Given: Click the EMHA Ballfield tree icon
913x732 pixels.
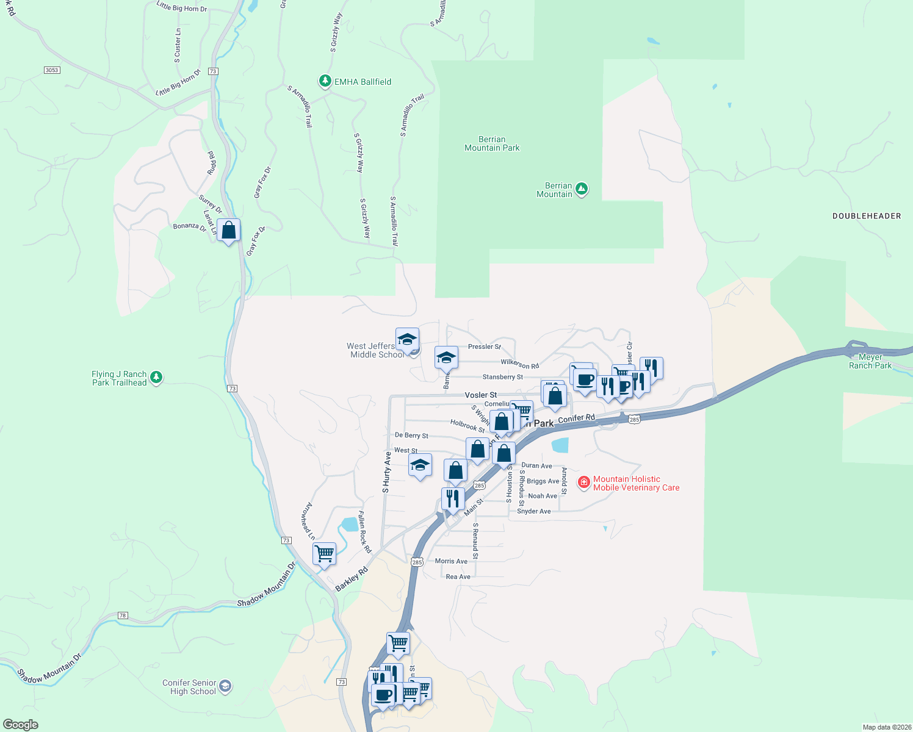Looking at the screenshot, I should (x=325, y=81).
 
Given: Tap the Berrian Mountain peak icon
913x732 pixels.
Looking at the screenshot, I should (x=582, y=189).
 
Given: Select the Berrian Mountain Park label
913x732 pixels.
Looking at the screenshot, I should (x=492, y=143).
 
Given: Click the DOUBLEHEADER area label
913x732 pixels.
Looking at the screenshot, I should (x=867, y=216).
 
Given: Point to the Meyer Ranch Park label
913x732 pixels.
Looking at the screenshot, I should (x=870, y=361).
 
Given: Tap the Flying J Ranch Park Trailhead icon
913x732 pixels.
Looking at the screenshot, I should (x=156, y=378).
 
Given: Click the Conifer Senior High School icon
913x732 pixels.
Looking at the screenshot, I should (x=225, y=687).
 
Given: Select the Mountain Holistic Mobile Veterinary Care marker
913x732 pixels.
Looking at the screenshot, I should (x=584, y=483).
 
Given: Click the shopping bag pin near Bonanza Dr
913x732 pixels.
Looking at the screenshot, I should (x=228, y=231).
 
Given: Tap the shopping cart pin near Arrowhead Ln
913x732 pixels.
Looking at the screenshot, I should (x=324, y=554).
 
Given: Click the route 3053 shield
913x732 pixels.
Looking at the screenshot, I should (x=52, y=70).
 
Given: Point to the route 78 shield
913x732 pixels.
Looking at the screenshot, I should (x=123, y=615).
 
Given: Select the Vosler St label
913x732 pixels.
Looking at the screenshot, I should (x=480, y=395).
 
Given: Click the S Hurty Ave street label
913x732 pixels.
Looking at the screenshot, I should (x=386, y=472).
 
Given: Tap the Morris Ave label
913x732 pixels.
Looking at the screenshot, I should (x=451, y=561).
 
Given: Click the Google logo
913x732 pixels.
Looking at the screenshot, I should (x=21, y=725).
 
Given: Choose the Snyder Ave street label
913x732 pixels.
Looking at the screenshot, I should (x=533, y=511).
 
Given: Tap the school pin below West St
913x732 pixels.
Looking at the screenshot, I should (x=420, y=465).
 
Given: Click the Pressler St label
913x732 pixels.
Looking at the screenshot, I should (x=484, y=346).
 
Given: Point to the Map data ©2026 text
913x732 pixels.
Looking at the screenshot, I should (x=886, y=727).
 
